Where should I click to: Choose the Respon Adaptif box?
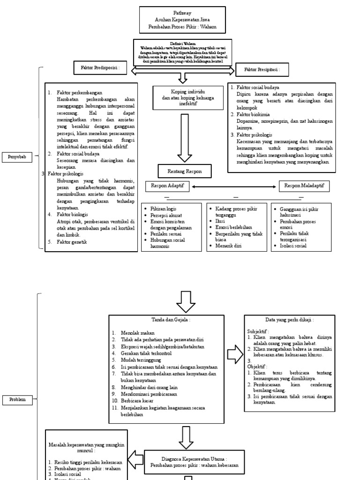(166, 186)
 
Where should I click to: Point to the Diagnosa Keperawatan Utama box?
(194, 462)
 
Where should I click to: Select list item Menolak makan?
(136, 333)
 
